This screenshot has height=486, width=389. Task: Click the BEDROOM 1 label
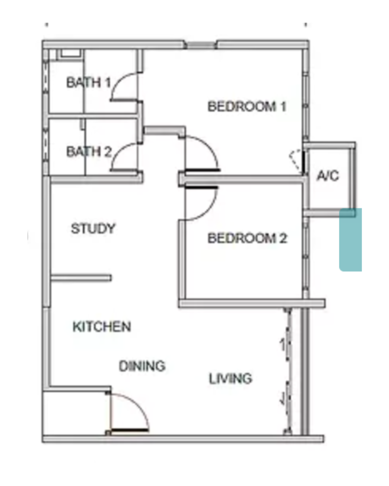pyautogui.click(x=247, y=106)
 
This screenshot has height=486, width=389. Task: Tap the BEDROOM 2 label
pyautogui.click(x=247, y=238)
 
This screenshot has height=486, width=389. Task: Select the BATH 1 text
pyautogui.click(x=88, y=83)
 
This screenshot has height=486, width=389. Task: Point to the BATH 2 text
pyautogui.click(x=88, y=152)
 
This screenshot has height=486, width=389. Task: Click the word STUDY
pyautogui.click(x=93, y=228)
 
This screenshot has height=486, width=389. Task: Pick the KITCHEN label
pyautogui.click(x=102, y=327)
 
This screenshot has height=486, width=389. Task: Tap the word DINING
pyautogui.click(x=142, y=366)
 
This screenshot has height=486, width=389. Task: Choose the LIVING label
pyautogui.click(x=230, y=379)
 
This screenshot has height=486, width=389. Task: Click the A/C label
pyautogui.click(x=328, y=176)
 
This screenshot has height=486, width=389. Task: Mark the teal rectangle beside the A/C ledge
pyautogui.click(x=351, y=240)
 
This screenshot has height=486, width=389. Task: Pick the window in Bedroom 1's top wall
pyautogui.click(x=201, y=45)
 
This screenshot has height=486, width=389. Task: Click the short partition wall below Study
pyautogui.click(x=81, y=278)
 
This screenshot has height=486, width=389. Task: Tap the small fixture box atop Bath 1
pyautogui.click(x=71, y=53)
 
